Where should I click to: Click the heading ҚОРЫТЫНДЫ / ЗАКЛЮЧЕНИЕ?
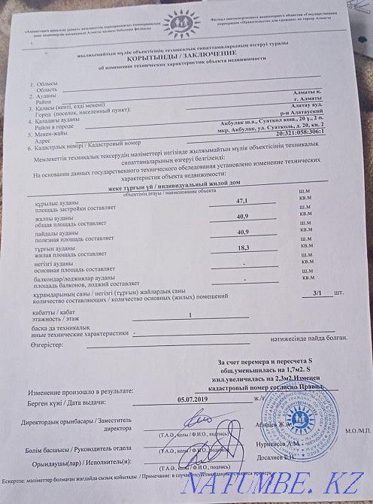point(186,64)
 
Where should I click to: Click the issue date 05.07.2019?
point(194,399)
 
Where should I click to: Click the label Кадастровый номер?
point(114,144)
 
